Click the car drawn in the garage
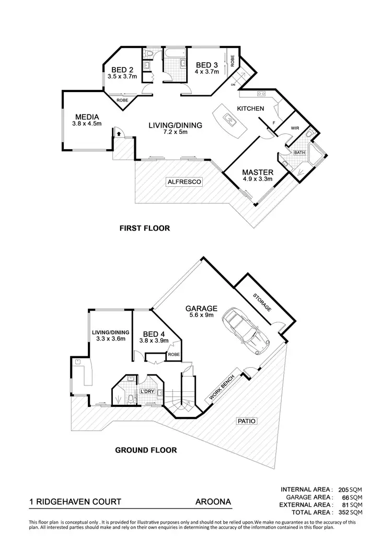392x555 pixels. click(245, 330)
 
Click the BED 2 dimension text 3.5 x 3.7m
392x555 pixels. click(119, 76)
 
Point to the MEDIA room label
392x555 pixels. click(87, 117)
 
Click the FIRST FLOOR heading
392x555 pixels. click(145, 228)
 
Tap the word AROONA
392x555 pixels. click(209, 502)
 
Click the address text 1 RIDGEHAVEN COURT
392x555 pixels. click(75, 502)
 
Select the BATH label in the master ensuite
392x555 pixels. click(299, 153)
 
